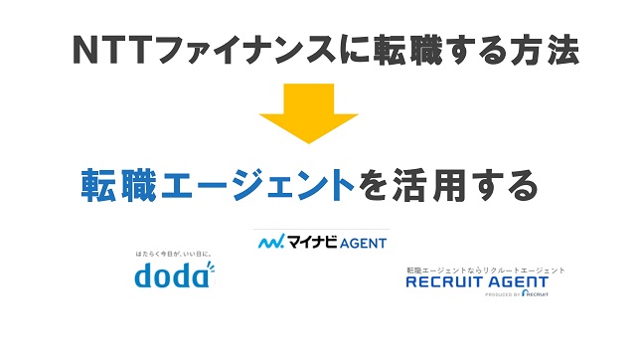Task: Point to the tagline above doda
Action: [173, 255]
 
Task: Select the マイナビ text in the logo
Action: [312, 242]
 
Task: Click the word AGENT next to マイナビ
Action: [364, 242]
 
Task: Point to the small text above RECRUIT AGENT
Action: [485, 269]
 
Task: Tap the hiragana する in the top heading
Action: [460, 50]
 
